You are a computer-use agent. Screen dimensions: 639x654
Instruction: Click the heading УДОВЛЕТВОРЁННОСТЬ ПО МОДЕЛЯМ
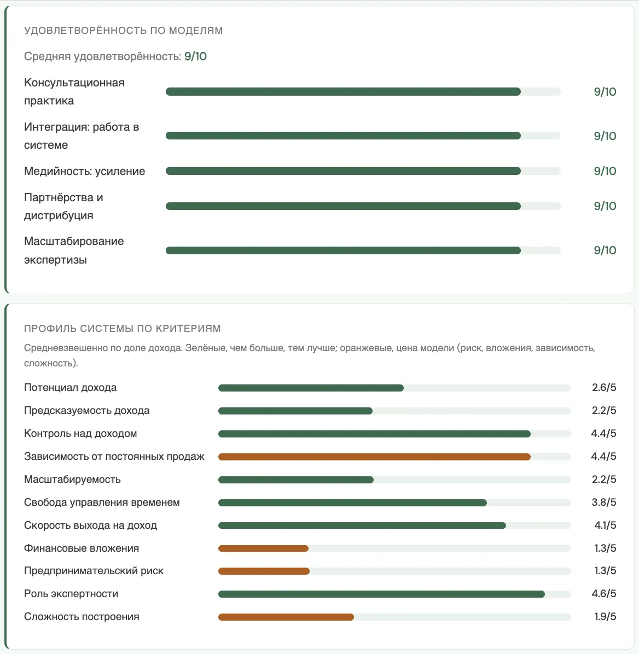tap(123, 31)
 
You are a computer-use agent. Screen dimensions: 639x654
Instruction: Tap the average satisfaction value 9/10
tap(195, 56)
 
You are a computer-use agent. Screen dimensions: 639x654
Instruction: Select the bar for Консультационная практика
tap(343, 92)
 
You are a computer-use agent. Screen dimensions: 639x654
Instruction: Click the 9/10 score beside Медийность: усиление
tap(605, 171)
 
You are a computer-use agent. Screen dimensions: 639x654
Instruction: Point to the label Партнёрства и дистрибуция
tap(63, 207)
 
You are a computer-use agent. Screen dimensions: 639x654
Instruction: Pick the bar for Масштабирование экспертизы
tap(343, 250)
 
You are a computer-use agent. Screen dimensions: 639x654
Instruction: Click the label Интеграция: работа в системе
tap(82, 136)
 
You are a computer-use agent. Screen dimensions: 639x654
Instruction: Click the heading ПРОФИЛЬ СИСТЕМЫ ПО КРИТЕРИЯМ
tap(123, 329)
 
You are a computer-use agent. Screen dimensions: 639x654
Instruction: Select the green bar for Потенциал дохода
tap(311, 388)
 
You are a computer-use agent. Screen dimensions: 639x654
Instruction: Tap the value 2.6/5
tap(604, 388)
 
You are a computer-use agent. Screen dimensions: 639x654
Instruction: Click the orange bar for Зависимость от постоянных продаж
tap(374, 457)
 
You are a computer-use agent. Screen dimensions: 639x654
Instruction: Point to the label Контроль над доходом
tap(80, 434)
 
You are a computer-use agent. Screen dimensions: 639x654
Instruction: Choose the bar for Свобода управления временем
tap(353, 503)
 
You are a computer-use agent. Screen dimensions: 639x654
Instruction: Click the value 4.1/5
tap(605, 525)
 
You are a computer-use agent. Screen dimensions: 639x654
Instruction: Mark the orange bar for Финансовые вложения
tap(263, 548)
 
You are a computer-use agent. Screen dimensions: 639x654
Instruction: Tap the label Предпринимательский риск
tap(94, 570)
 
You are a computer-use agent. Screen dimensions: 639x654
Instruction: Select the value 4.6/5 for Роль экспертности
tap(604, 593)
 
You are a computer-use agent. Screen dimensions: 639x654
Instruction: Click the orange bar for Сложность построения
tap(286, 617)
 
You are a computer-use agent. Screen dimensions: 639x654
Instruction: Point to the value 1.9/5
tap(605, 616)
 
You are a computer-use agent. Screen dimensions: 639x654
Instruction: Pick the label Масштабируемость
tap(72, 480)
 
